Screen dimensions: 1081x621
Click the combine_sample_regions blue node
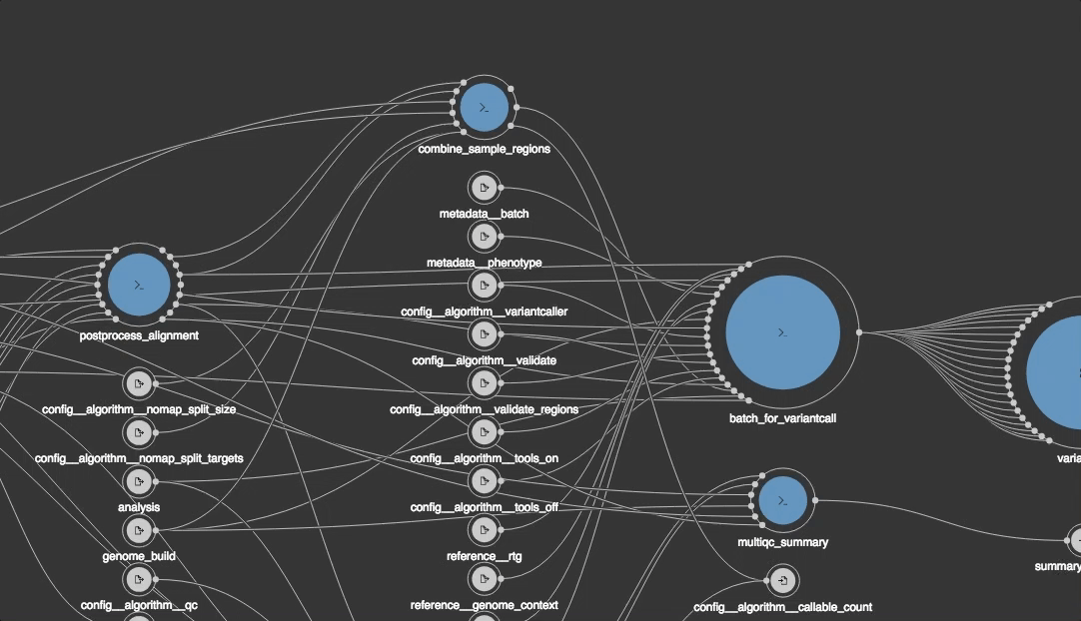(485, 107)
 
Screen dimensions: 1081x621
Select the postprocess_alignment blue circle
(139, 285)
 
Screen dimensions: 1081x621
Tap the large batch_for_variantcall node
(782, 332)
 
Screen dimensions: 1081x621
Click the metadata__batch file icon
(484, 188)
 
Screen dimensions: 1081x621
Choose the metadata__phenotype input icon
(484, 237)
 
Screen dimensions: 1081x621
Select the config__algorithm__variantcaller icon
(484, 286)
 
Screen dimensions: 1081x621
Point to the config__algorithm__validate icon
(484, 334)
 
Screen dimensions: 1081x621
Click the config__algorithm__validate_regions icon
(484, 383)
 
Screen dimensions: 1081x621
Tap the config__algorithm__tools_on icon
(484, 432)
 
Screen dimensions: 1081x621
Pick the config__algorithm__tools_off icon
(484, 481)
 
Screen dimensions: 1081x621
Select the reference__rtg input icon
(484, 530)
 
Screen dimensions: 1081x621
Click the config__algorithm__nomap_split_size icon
(139, 383)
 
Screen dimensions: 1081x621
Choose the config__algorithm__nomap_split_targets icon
(139, 432)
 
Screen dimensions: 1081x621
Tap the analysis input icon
(139, 481)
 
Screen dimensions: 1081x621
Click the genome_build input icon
(139, 530)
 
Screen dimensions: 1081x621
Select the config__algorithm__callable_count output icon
(783, 580)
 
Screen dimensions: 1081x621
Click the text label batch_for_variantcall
(782, 418)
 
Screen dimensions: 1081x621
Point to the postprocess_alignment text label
(139, 335)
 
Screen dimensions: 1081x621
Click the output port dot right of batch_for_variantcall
(858, 332)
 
